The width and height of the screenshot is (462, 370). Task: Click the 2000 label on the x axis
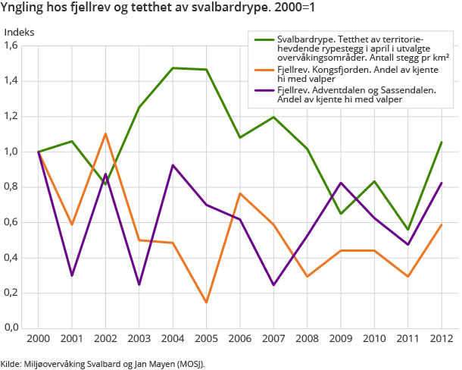[38, 339]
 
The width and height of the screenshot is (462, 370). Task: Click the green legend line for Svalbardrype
[265, 39]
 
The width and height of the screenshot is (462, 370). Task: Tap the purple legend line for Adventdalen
[265, 90]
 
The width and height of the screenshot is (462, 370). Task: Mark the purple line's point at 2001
[72, 275]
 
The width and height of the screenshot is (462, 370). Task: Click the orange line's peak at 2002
[106, 134]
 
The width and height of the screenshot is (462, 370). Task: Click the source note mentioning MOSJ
[102, 363]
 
